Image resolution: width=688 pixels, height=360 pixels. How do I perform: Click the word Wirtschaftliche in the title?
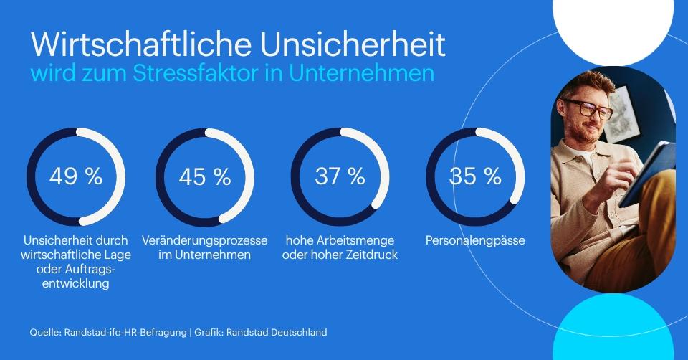coord(141,44)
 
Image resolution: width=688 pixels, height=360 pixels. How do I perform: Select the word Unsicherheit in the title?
coord(353,44)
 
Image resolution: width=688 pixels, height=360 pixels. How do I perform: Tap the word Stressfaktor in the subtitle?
coord(195,73)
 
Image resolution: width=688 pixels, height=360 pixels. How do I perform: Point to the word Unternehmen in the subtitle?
coord(361,73)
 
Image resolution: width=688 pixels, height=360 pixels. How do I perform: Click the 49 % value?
coord(76,176)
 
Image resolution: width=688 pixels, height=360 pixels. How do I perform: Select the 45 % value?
coord(205,176)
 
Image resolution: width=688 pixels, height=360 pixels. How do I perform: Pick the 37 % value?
coord(340,176)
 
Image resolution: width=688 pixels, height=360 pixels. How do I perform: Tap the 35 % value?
coord(475,176)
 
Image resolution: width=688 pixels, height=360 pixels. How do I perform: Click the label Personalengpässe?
coord(475,241)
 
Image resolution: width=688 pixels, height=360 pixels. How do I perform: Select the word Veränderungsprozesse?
coord(204,241)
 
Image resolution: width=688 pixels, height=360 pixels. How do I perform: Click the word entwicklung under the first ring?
coord(76,283)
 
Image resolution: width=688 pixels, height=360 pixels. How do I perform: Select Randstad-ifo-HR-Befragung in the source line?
coord(125,332)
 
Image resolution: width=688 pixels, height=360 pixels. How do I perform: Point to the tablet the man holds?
coord(648,174)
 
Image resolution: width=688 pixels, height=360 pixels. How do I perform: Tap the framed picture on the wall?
coord(620,113)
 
